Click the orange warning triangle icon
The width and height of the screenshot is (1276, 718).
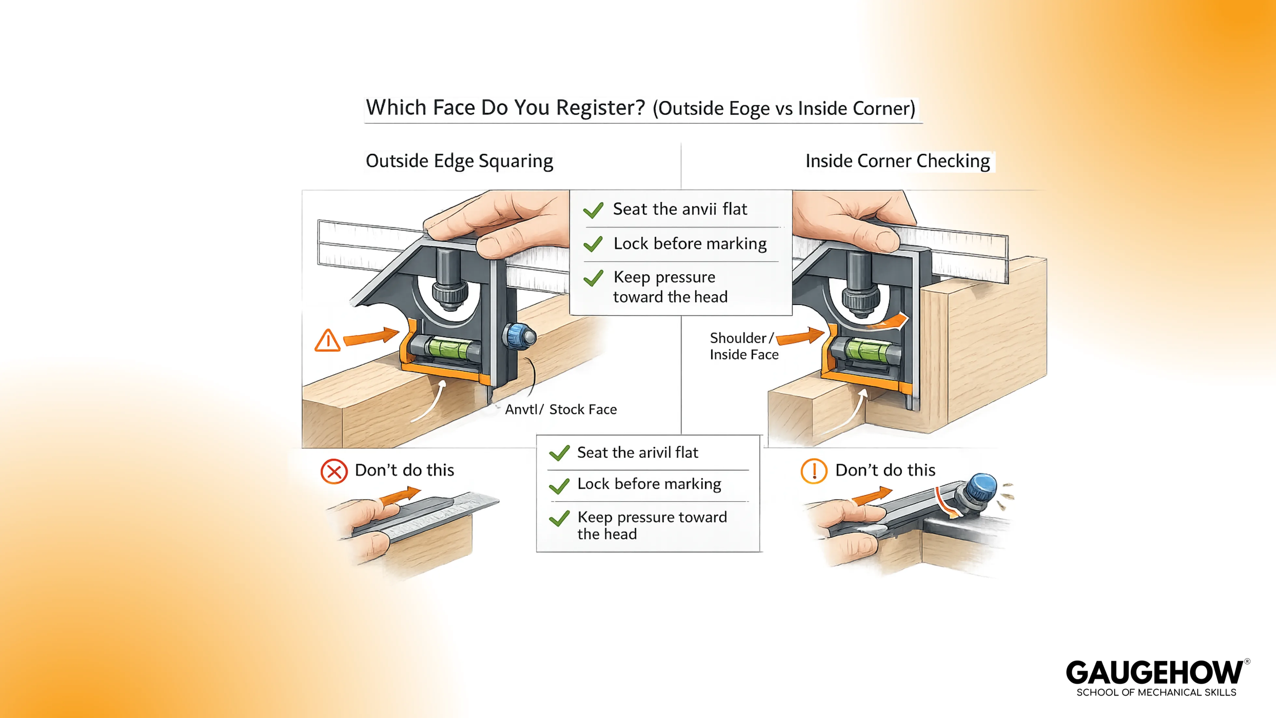pos(327,341)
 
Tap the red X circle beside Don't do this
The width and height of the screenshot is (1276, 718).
pos(334,471)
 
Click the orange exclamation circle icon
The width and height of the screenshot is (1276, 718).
pos(814,471)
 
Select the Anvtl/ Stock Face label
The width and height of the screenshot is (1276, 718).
pos(561,409)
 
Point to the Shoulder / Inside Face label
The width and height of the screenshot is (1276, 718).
pos(743,346)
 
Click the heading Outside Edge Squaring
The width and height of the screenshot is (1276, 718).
pos(459,161)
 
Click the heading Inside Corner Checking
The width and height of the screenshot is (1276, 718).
pos(897,161)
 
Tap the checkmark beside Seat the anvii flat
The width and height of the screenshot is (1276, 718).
pos(593,210)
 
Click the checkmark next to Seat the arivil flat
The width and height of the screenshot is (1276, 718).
pos(559,453)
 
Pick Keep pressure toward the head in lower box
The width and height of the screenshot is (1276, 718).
pos(652,525)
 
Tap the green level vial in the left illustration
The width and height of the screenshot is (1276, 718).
pos(448,347)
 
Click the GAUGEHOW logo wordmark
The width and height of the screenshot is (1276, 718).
pos(1154,673)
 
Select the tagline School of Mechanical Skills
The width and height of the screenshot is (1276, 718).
pos(1156,693)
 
